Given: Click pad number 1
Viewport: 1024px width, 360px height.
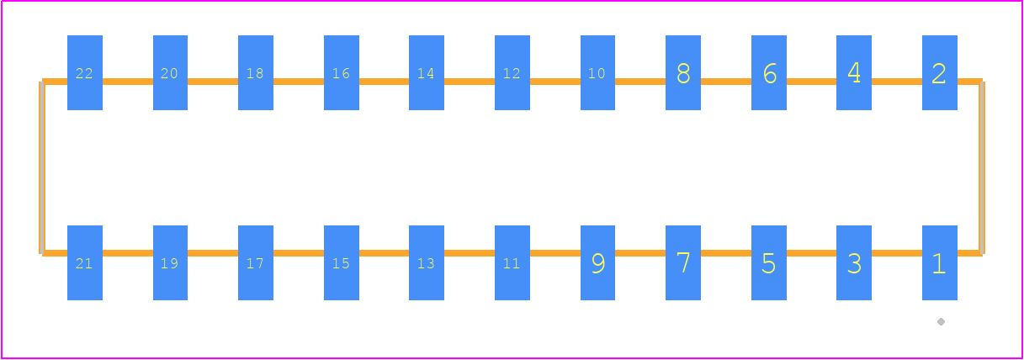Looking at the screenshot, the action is [x=939, y=262].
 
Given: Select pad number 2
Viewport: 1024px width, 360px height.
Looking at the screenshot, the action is [x=939, y=72].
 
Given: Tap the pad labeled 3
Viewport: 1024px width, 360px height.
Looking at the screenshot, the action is [x=854, y=262].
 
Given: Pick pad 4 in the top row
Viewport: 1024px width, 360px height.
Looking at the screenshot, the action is [x=854, y=72].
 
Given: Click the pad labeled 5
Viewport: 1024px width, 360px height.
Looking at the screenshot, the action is [x=769, y=262].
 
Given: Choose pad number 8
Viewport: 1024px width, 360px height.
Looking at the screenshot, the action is [x=683, y=72].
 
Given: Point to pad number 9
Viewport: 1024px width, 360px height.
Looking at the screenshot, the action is [x=597, y=262].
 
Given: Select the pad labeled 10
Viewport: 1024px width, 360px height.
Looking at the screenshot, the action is [x=597, y=72].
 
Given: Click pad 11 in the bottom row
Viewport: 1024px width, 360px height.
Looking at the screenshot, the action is [x=512, y=262].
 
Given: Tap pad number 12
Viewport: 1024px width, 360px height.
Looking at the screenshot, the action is [x=512, y=72].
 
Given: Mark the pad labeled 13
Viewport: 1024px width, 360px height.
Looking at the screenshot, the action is [x=427, y=262].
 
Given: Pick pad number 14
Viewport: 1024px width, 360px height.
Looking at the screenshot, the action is [x=427, y=72].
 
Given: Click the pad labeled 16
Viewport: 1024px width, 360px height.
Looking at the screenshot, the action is [x=342, y=72].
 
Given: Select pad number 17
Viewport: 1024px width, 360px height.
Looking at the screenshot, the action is [x=256, y=262].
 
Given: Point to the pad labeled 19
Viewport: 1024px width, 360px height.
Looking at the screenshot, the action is [x=170, y=262].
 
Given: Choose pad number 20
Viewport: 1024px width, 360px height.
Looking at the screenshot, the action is [x=170, y=72].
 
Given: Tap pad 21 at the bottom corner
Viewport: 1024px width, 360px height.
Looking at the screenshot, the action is [x=85, y=262].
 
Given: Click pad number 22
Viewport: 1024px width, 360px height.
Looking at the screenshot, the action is [x=85, y=72].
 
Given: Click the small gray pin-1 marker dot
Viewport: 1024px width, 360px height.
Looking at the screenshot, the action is [x=941, y=321].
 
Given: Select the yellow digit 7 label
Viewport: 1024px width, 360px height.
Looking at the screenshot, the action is [x=683, y=262].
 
